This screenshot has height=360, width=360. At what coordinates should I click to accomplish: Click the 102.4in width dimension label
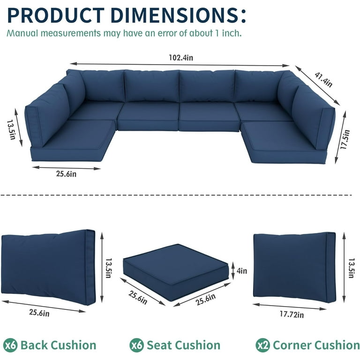pos(181,57)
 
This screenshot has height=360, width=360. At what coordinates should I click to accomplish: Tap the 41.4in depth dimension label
pos(323,80)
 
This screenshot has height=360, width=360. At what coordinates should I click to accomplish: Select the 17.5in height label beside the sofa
pos(345,140)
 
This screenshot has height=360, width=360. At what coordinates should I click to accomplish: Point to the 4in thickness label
pos(242,270)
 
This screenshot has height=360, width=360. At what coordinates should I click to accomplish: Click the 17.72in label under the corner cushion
pos(292,314)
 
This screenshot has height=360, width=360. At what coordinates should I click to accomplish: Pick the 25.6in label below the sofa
pos(66,174)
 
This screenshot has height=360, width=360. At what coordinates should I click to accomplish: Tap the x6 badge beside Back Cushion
pos(10,345)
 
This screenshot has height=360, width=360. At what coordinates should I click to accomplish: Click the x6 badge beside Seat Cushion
pos(136,345)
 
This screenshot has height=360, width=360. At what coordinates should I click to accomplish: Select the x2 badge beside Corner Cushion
pos(263,345)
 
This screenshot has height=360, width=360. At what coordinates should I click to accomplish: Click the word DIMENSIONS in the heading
pos(178,15)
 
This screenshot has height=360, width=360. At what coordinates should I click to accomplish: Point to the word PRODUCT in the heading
pos(56,15)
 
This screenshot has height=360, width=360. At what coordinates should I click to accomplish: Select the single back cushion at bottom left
pos(48,267)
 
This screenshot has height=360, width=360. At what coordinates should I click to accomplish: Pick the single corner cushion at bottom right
pos(294,268)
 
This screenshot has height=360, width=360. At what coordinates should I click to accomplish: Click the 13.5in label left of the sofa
pos(11,130)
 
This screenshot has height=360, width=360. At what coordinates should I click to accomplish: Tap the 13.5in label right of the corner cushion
pos(352,268)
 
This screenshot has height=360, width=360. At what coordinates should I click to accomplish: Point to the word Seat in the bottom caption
pos(159,345)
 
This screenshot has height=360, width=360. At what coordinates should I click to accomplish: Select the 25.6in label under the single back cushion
pos(39,313)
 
